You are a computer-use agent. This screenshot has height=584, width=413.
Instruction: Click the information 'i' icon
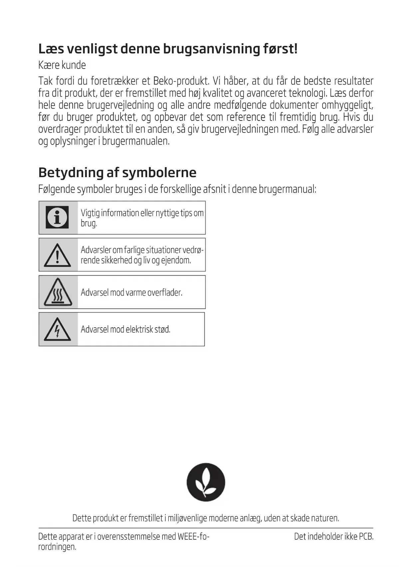click(x=57, y=217)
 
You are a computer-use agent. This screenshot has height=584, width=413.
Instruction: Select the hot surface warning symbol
click(x=58, y=293)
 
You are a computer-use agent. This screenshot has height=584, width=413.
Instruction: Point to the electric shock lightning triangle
click(x=58, y=330)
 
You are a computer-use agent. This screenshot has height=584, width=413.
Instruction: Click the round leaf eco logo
click(x=206, y=482)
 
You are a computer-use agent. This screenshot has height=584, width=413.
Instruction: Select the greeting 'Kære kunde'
click(x=62, y=65)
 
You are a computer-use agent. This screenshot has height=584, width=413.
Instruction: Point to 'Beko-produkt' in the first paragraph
click(x=181, y=81)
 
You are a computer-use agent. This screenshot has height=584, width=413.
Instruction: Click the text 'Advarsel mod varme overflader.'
click(x=131, y=293)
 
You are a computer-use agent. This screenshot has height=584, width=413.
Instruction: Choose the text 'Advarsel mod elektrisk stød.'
click(x=125, y=330)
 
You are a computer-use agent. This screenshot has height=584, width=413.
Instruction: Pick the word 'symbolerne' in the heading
click(x=159, y=172)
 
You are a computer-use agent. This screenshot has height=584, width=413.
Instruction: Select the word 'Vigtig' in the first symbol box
click(x=90, y=213)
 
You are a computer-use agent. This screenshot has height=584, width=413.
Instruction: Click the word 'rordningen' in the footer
click(x=57, y=547)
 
